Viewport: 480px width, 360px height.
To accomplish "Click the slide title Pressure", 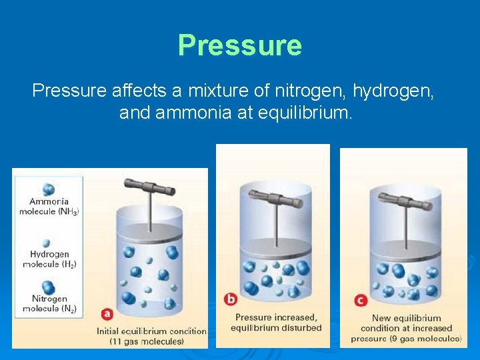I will coord(240,45).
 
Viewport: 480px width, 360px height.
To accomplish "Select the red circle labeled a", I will coord(107,313).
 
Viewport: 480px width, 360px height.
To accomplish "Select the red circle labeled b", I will coord(230,299).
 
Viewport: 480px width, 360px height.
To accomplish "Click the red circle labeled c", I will coord(361,300).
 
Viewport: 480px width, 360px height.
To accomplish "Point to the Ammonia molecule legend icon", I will coord(48,189).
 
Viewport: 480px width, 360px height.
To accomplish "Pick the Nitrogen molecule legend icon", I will coord(49,289).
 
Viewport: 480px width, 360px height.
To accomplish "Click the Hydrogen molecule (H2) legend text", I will coord(49,259).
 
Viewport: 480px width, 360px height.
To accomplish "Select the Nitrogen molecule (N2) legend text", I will coord(49,304).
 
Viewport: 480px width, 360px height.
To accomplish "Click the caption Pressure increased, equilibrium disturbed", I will coord(276,323).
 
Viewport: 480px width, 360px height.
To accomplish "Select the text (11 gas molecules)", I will coord(147,341).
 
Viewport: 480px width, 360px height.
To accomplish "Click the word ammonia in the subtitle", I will coord(190,113).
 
